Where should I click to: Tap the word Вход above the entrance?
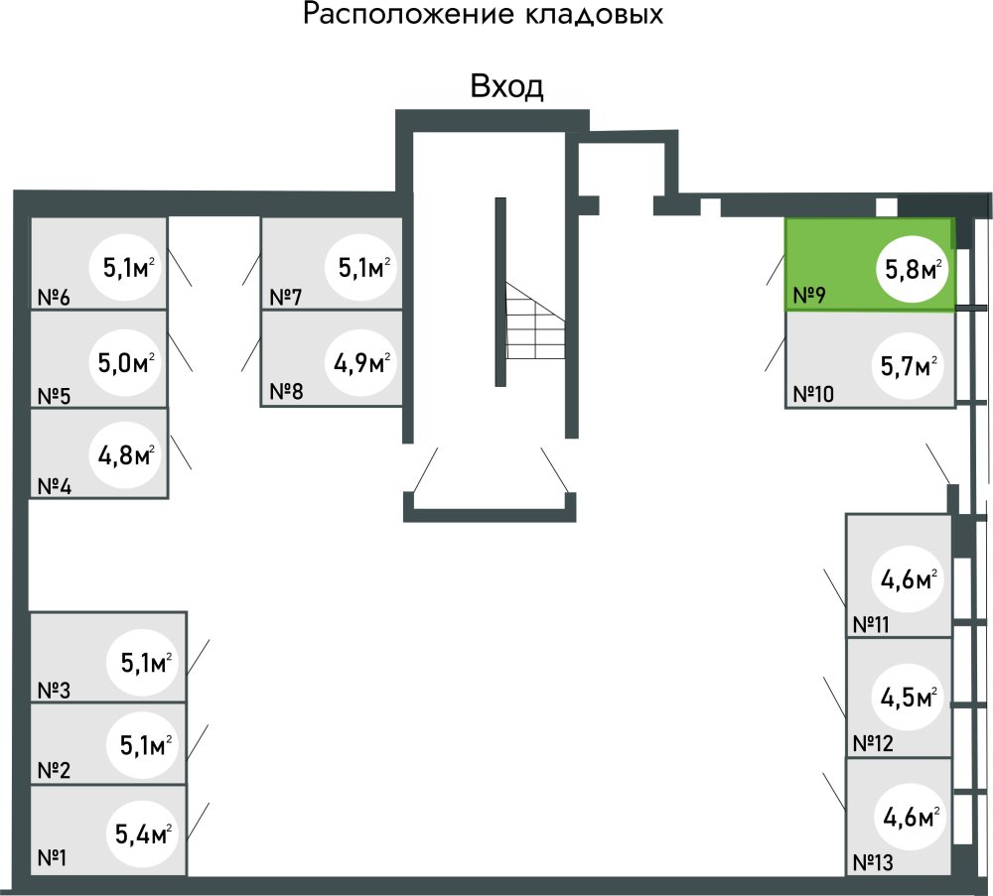[x=506, y=87]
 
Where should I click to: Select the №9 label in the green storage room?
[x=811, y=295]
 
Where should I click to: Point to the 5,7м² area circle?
[x=909, y=366]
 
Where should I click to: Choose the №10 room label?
[x=814, y=393]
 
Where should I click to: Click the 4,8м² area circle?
[x=125, y=456]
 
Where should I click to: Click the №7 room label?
[x=286, y=297]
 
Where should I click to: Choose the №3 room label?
[x=54, y=689]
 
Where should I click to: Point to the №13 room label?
[x=873, y=862]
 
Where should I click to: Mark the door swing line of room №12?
[x=834, y=696]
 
